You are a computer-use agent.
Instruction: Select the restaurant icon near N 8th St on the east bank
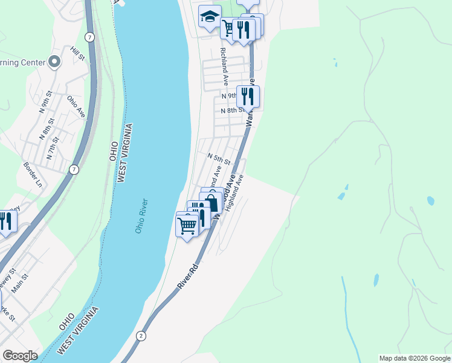tap(248, 96)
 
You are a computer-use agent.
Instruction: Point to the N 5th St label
tap(219, 159)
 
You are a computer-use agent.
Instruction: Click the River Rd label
tap(188, 275)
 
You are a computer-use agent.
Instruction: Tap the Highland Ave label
tap(234, 193)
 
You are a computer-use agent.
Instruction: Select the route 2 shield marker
tap(141, 335)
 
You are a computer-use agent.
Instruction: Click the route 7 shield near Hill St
tap(90, 37)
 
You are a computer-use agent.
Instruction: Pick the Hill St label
tap(77, 53)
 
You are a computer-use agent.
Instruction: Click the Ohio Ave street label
tap(76, 106)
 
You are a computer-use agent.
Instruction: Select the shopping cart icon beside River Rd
tap(187, 226)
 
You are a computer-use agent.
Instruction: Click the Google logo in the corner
tap(19, 356)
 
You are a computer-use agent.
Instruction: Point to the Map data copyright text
tap(414, 358)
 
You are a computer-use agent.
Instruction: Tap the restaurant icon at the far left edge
tap(6, 221)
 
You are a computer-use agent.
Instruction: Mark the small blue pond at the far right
tap(430, 200)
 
